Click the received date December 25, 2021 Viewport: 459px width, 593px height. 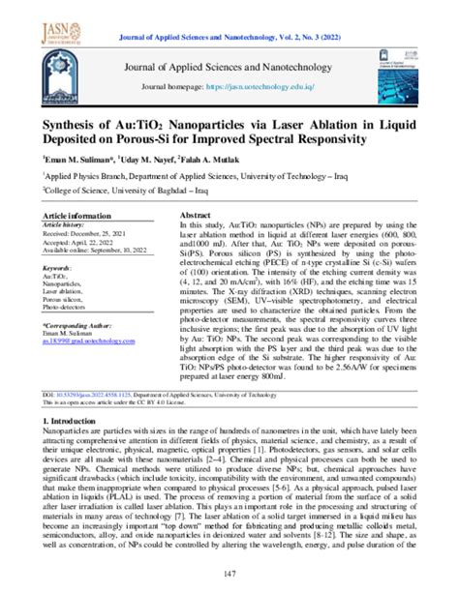point(86,233)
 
